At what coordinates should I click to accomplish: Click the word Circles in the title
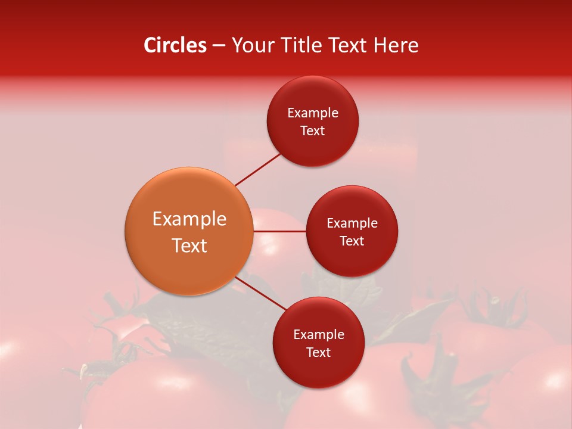pyautogui.click(x=175, y=45)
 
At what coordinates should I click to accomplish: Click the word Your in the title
pyautogui.click(x=252, y=45)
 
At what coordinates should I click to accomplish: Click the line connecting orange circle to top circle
pyautogui.click(x=258, y=170)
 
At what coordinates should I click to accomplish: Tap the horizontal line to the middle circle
pyautogui.click(x=279, y=231)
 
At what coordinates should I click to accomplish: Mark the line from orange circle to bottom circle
pyautogui.click(x=261, y=293)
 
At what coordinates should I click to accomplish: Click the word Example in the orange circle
pyautogui.click(x=189, y=219)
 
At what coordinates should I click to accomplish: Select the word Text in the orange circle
pyautogui.click(x=189, y=245)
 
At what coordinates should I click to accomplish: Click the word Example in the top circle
pyautogui.click(x=313, y=113)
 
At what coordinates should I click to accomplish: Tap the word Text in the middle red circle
pyautogui.click(x=352, y=241)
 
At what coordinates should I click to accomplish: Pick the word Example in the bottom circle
pyautogui.click(x=319, y=335)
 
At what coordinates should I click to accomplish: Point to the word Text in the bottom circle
pyautogui.click(x=319, y=353)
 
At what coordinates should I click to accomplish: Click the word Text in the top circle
pyautogui.click(x=313, y=131)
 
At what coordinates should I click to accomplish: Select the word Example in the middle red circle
pyautogui.click(x=352, y=223)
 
